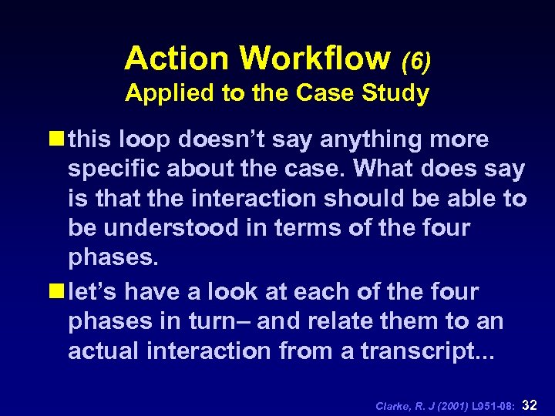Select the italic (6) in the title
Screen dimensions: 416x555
(x=415, y=60)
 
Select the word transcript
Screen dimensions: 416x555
(x=436, y=351)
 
